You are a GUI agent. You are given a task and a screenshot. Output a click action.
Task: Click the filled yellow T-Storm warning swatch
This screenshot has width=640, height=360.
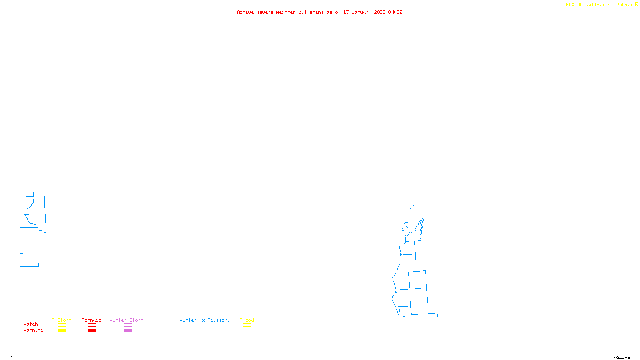pyautogui.click(x=62, y=331)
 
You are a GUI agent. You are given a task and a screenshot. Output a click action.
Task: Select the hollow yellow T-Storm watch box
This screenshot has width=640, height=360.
pyautogui.click(x=62, y=325)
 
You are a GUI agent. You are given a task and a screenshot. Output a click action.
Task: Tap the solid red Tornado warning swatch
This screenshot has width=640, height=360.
pyautogui.click(x=92, y=331)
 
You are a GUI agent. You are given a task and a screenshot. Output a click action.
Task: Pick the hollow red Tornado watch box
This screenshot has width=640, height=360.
pyautogui.click(x=92, y=325)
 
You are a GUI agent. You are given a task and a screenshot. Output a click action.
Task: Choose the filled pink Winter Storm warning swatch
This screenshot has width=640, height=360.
pyautogui.click(x=128, y=331)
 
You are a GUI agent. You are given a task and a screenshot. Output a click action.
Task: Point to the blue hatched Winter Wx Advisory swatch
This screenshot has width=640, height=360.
pyautogui.click(x=204, y=331)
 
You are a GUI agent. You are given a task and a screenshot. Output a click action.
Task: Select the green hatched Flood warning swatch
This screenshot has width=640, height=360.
pyautogui.click(x=247, y=331)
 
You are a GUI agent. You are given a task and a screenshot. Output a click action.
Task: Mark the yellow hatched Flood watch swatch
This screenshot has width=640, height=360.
pyautogui.click(x=247, y=325)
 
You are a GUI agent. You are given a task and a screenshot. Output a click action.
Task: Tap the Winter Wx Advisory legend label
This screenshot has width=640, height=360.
pyautogui.click(x=205, y=320)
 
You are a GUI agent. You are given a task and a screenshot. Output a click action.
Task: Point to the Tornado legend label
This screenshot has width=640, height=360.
pyautogui.click(x=92, y=320)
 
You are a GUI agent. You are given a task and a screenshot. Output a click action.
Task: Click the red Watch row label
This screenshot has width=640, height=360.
pyautogui.click(x=31, y=324)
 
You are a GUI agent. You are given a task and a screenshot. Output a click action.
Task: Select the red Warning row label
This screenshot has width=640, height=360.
pyautogui.click(x=33, y=330)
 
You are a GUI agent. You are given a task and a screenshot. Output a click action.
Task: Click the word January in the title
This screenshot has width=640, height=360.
pyautogui.click(x=362, y=12)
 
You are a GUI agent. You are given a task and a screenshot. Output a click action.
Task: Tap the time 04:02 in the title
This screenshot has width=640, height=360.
pyautogui.click(x=395, y=12)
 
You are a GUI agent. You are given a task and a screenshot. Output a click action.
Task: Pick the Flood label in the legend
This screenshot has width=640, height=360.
pyautogui.click(x=247, y=320)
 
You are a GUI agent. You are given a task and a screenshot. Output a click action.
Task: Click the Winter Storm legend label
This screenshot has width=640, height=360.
pyautogui.click(x=126, y=320)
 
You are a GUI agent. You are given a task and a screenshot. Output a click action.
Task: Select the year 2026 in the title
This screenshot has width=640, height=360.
pyautogui.click(x=380, y=12)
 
